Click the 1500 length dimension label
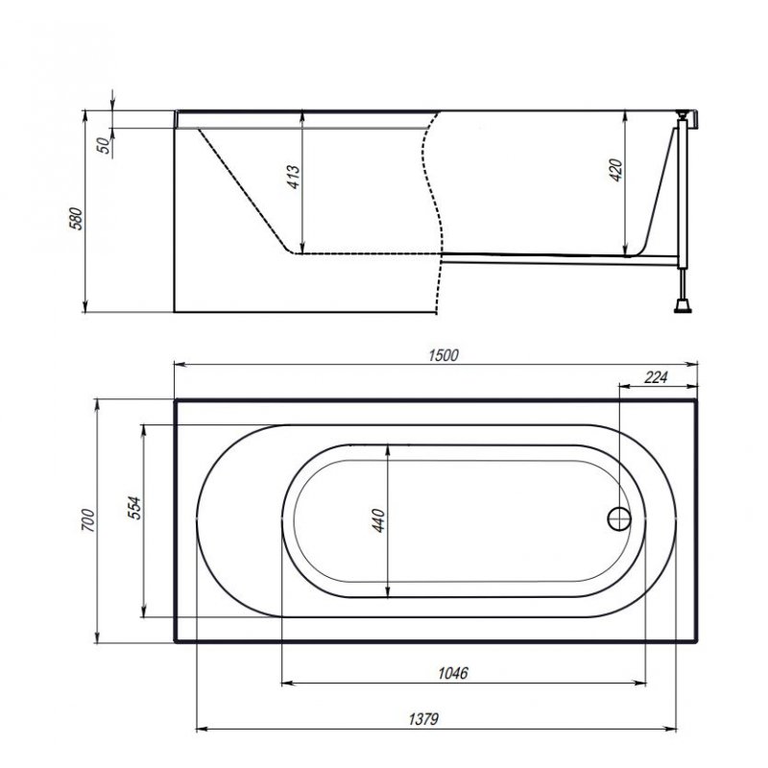444,355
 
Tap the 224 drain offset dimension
656,377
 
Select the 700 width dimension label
88,520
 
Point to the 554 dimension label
133,508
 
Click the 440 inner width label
378,520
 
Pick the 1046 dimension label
453,673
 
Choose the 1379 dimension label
423,719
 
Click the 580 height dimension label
77,219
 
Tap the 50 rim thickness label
104,146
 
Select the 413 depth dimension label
294,177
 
